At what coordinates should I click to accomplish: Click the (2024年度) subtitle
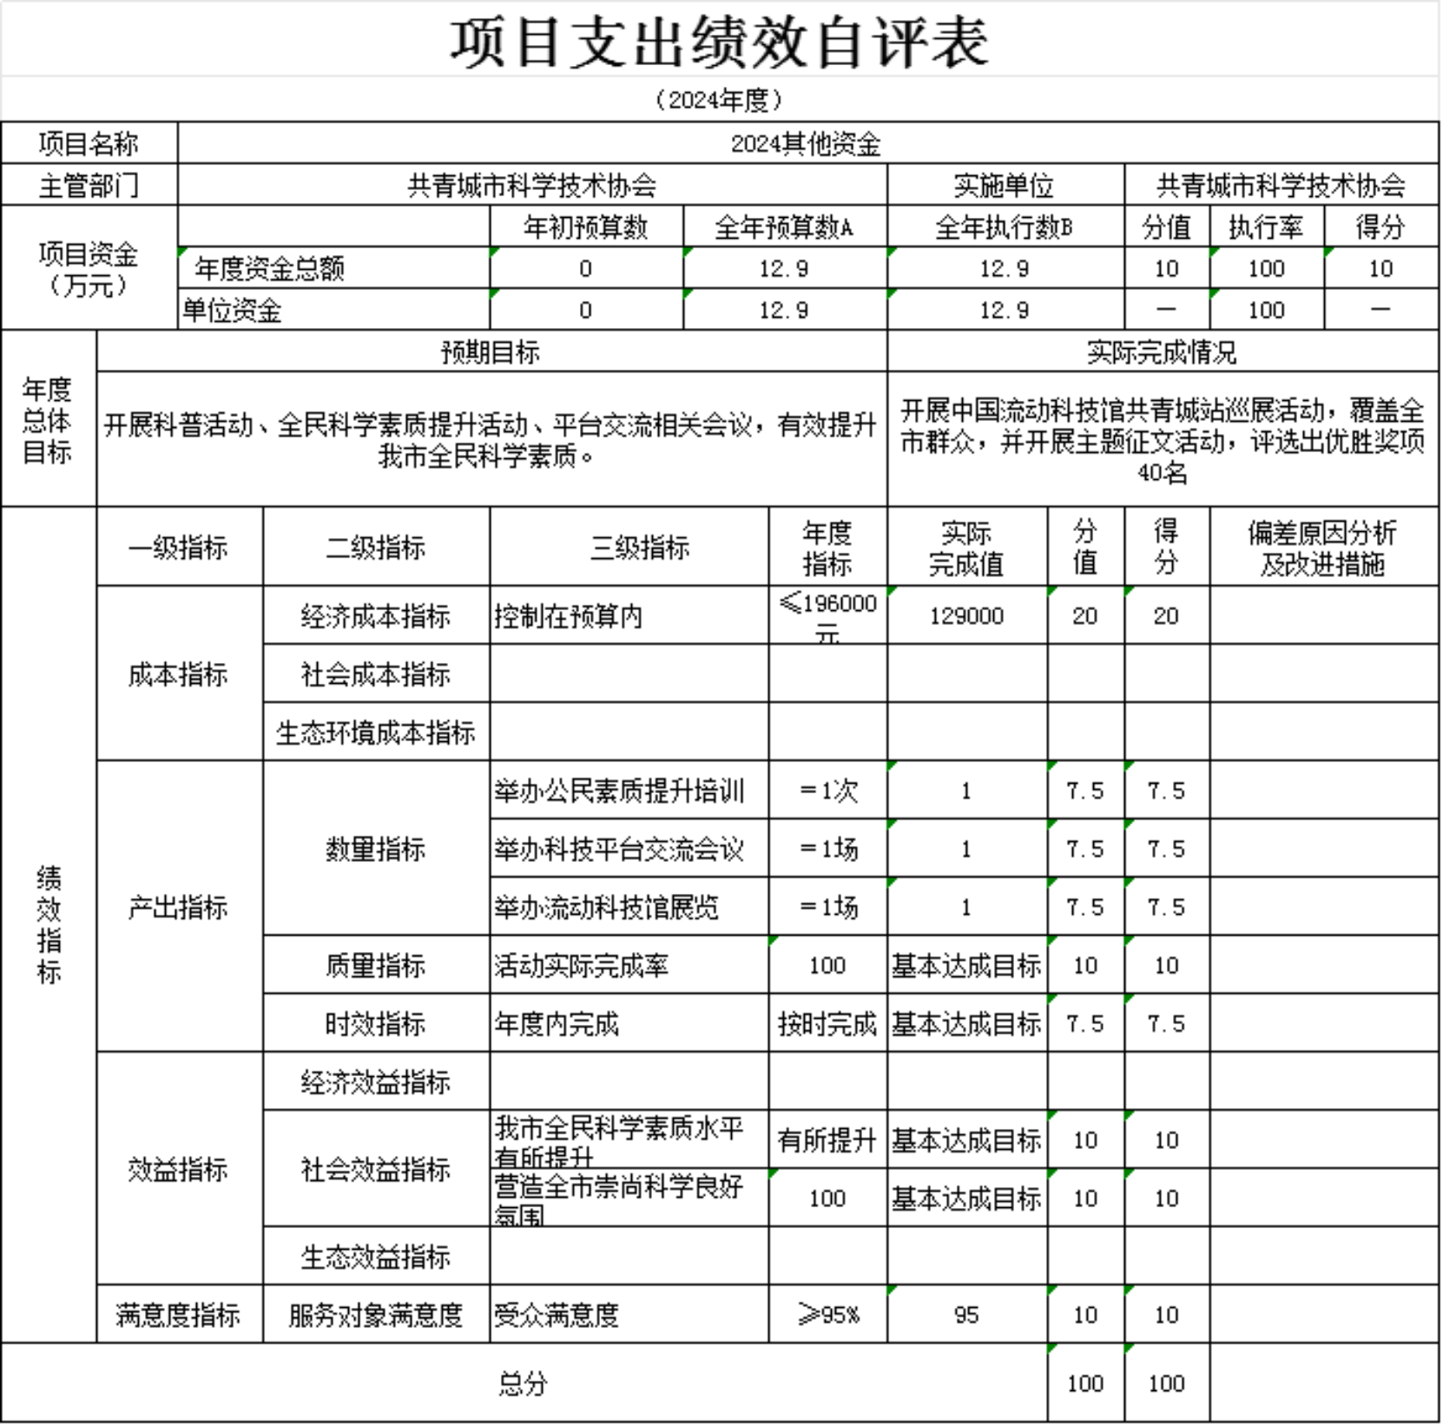[719, 100]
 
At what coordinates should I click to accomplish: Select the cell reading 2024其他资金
[806, 143]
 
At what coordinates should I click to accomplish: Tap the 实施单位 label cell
[1004, 185]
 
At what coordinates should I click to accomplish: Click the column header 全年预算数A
[783, 227]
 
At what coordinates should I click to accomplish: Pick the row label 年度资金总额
[270, 268]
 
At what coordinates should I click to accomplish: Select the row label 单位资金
[232, 310]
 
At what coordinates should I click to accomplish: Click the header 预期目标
[491, 351]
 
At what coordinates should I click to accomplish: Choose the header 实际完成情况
[1162, 351]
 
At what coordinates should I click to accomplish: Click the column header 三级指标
[640, 548]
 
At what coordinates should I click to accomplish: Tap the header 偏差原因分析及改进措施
[1322, 548]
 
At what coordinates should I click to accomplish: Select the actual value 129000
[966, 616]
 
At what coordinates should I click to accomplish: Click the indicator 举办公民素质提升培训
[619, 791]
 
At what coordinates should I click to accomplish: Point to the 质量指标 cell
[375, 965]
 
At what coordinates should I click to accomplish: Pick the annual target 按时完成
[827, 1024]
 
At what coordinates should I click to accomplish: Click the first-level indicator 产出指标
[178, 907]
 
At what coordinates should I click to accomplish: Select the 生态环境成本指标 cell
[375, 732]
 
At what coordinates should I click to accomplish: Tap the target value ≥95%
[828, 1315]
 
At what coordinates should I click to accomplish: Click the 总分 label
[523, 1383]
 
